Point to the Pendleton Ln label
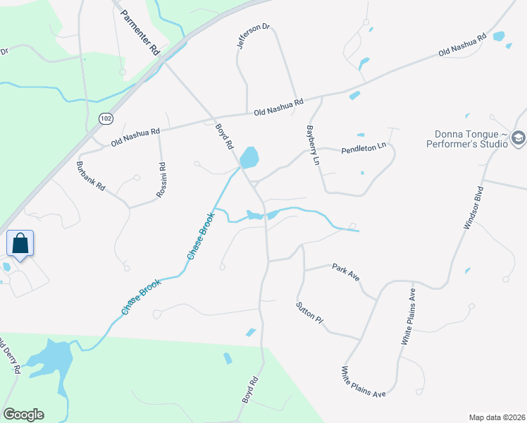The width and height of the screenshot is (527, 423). click(x=364, y=148)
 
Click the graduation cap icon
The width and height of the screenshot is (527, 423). click(x=519, y=138)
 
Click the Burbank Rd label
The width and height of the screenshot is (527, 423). click(x=90, y=177)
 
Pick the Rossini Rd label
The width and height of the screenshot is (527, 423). click(x=161, y=180)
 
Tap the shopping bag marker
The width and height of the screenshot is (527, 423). click(x=20, y=245)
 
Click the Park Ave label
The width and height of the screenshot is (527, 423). click(x=346, y=273)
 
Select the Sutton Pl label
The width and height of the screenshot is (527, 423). click(x=309, y=312)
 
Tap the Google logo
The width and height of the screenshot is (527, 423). click(x=23, y=415)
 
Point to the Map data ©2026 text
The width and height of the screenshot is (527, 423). click(x=496, y=417)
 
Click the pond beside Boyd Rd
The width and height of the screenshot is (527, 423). click(x=249, y=157)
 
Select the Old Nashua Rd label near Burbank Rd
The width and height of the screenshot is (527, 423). click(x=135, y=137)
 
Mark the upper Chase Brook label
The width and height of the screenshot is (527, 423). click(x=199, y=235)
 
